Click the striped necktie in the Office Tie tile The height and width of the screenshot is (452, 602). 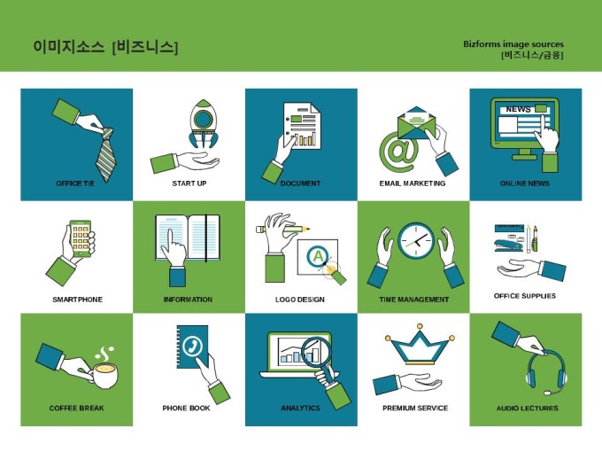(x=106, y=154)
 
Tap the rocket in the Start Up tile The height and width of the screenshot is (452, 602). (x=203, y=123)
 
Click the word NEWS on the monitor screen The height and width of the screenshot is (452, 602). (x=518, y=109)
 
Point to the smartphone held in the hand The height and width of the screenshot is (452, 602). (x=81, y=238)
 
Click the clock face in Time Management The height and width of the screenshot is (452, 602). (x=416, y=240)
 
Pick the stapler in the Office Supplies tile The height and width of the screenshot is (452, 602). (x=509, y=245)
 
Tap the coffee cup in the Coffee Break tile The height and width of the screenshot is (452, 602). (x=105, y=376)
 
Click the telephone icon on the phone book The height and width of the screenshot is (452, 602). (x=192, y=346)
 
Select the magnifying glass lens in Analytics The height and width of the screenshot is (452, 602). (x=316, y=350)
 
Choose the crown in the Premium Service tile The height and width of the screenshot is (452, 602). (x=420, y=345)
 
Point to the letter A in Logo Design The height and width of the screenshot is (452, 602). (x=318, y=255)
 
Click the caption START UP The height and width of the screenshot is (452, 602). (x=189, y=183)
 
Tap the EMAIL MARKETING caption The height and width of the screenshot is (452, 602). (x=413, y=183)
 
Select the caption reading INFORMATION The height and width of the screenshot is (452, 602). (x=188, y=300)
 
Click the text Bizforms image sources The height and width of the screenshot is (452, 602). (x=513, y=43)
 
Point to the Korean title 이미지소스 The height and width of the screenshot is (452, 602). (x=69, y=46)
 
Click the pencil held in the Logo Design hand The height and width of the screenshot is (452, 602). (x=283, y=229)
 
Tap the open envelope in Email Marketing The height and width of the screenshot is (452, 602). (x=417, y=123)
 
